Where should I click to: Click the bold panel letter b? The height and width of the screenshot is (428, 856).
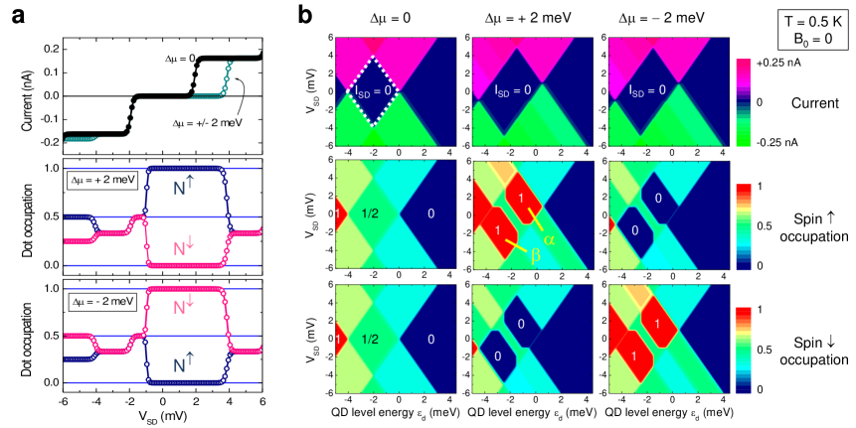(306, 14)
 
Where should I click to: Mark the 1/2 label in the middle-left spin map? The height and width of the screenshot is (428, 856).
(372, 214)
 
